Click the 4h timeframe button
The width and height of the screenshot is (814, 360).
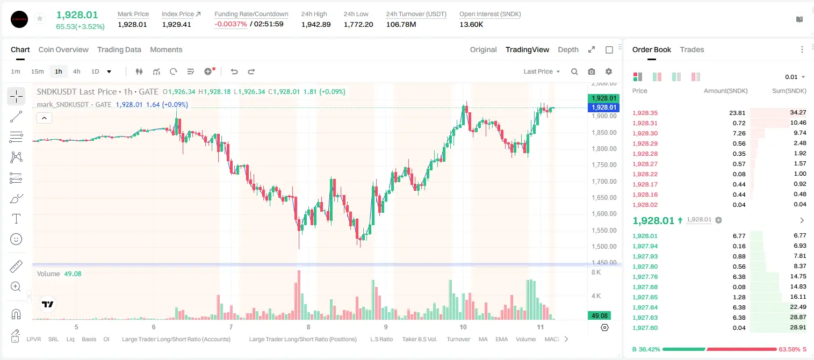pos(76,71)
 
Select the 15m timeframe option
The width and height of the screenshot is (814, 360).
pos(37,71)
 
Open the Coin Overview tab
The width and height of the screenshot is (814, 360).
pos(63,49)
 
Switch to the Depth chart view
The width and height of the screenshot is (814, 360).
pos(568,49)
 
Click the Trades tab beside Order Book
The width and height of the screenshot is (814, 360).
pos(692,49)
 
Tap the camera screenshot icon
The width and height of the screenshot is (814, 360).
pos(592,71)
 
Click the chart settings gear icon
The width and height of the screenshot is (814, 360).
pos(609,71)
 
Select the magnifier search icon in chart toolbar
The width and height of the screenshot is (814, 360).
pos(574,71)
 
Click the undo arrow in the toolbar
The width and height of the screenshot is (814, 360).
pos(234,71)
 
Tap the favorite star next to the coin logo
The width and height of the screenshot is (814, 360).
pos(40,18)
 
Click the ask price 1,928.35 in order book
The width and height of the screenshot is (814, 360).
pos(645,113)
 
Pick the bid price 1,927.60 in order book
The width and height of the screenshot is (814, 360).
pos(645,328)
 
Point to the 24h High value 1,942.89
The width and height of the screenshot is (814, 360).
pos(316,24)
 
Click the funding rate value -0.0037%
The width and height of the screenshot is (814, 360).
pos(230,24)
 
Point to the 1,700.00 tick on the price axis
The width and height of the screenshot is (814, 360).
pos(604,181)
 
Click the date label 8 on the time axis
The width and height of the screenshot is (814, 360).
pos(308,327)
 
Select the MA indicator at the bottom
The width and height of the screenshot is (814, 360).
pos(483,339)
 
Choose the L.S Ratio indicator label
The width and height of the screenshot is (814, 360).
pos(381,339)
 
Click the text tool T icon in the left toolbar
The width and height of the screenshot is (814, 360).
pos(16,219)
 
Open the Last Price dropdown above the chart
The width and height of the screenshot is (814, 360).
pos(542,71)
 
